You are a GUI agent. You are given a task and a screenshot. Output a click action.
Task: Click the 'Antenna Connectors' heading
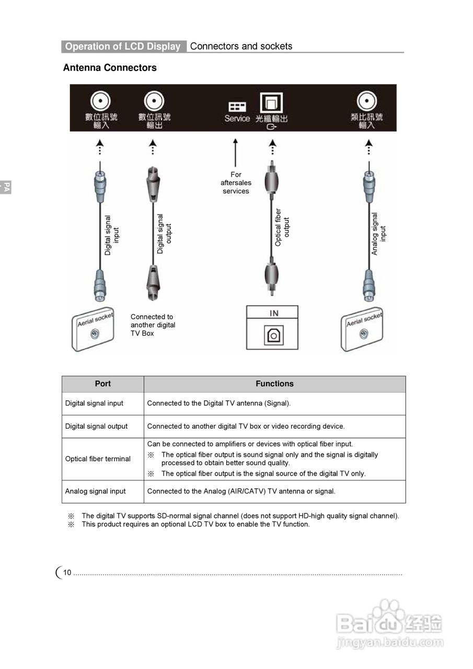(x=110, y=68)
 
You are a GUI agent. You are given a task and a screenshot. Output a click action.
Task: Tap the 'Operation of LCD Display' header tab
(x=123, y=47)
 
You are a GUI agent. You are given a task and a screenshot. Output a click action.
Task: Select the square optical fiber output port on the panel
(x=271, y=102)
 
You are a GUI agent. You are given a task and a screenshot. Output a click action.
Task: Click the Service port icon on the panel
(x=237, y=106)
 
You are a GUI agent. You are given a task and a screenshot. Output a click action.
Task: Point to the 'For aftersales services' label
(x=236, y=183)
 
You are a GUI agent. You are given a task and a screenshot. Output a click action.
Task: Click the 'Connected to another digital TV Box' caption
(x=153, y=325)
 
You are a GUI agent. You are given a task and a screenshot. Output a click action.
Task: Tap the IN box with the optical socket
(x=272, y=328)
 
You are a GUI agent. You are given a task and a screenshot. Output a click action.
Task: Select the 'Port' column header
(x=103, y=384)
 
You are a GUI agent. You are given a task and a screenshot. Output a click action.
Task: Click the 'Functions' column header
(x=274, y=384)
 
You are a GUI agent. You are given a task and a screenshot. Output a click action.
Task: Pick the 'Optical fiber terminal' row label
(x=98, y=459)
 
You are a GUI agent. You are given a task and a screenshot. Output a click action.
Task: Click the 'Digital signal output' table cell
(x=96, y=426)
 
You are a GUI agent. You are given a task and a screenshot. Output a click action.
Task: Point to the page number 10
(x=67, y=573)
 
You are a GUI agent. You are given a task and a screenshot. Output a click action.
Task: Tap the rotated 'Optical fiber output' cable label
(x=282, y=227)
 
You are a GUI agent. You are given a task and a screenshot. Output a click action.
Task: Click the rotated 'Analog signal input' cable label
(x=378, y=233)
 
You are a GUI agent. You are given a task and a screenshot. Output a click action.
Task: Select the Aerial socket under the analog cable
(x=364, y=331)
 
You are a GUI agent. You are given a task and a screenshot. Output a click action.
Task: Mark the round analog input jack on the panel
(x=366, y=101)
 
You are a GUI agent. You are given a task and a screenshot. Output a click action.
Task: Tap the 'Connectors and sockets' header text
(x=241, y=46)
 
